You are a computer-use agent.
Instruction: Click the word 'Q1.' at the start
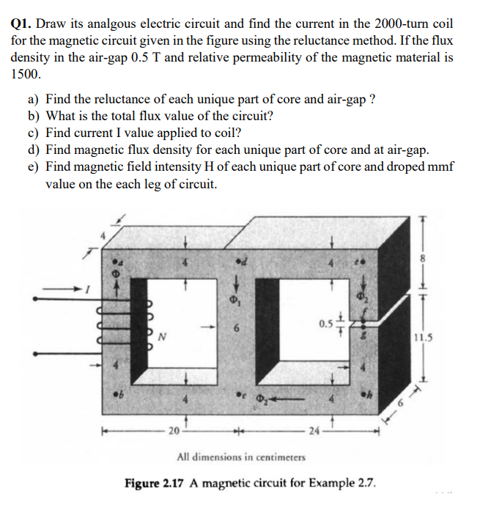click(23, 23)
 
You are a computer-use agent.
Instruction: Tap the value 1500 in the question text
click(26, 73)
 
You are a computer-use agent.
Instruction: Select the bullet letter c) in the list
click(34, 133)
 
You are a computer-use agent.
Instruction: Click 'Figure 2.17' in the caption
click(158, 484)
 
